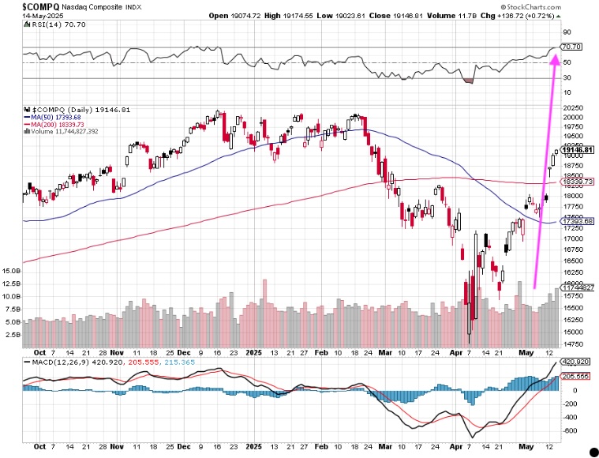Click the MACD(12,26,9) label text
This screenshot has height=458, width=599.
pos(55,362)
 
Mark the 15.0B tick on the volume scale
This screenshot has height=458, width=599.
pos(11,270)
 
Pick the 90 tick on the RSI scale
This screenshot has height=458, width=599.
pos(566,32)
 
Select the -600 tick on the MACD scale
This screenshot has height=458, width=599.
pos(570,431)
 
